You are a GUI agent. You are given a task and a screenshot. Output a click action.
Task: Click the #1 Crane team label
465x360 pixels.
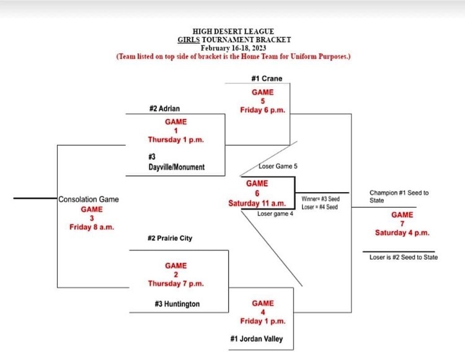point(267,79)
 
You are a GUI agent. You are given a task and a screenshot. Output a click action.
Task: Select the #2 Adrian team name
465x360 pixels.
point(164,108)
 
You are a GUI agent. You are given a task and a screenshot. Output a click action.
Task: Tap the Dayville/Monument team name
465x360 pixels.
point(176,167)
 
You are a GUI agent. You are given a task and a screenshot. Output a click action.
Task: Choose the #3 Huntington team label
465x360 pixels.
point(177,304)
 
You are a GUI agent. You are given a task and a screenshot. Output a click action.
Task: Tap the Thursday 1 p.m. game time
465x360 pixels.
point(175,139)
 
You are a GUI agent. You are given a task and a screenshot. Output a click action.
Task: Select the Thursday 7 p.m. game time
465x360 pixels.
point(175,283)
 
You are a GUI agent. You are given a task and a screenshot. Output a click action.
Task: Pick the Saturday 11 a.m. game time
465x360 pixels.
point(257,203)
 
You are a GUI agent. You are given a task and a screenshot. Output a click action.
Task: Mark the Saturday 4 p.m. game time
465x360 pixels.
point(402,232)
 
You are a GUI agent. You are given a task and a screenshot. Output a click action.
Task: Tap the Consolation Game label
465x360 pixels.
point(89,200)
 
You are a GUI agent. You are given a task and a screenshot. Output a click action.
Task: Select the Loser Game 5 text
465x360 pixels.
point(278,166)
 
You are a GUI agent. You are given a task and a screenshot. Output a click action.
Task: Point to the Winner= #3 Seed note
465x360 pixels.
point(321,199)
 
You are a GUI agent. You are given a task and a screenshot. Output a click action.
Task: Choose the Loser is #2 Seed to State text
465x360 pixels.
point(404,257)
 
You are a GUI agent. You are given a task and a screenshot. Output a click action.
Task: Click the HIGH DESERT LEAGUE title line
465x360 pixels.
point(233,31)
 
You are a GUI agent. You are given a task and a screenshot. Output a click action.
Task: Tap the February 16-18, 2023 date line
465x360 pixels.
point(233,47)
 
